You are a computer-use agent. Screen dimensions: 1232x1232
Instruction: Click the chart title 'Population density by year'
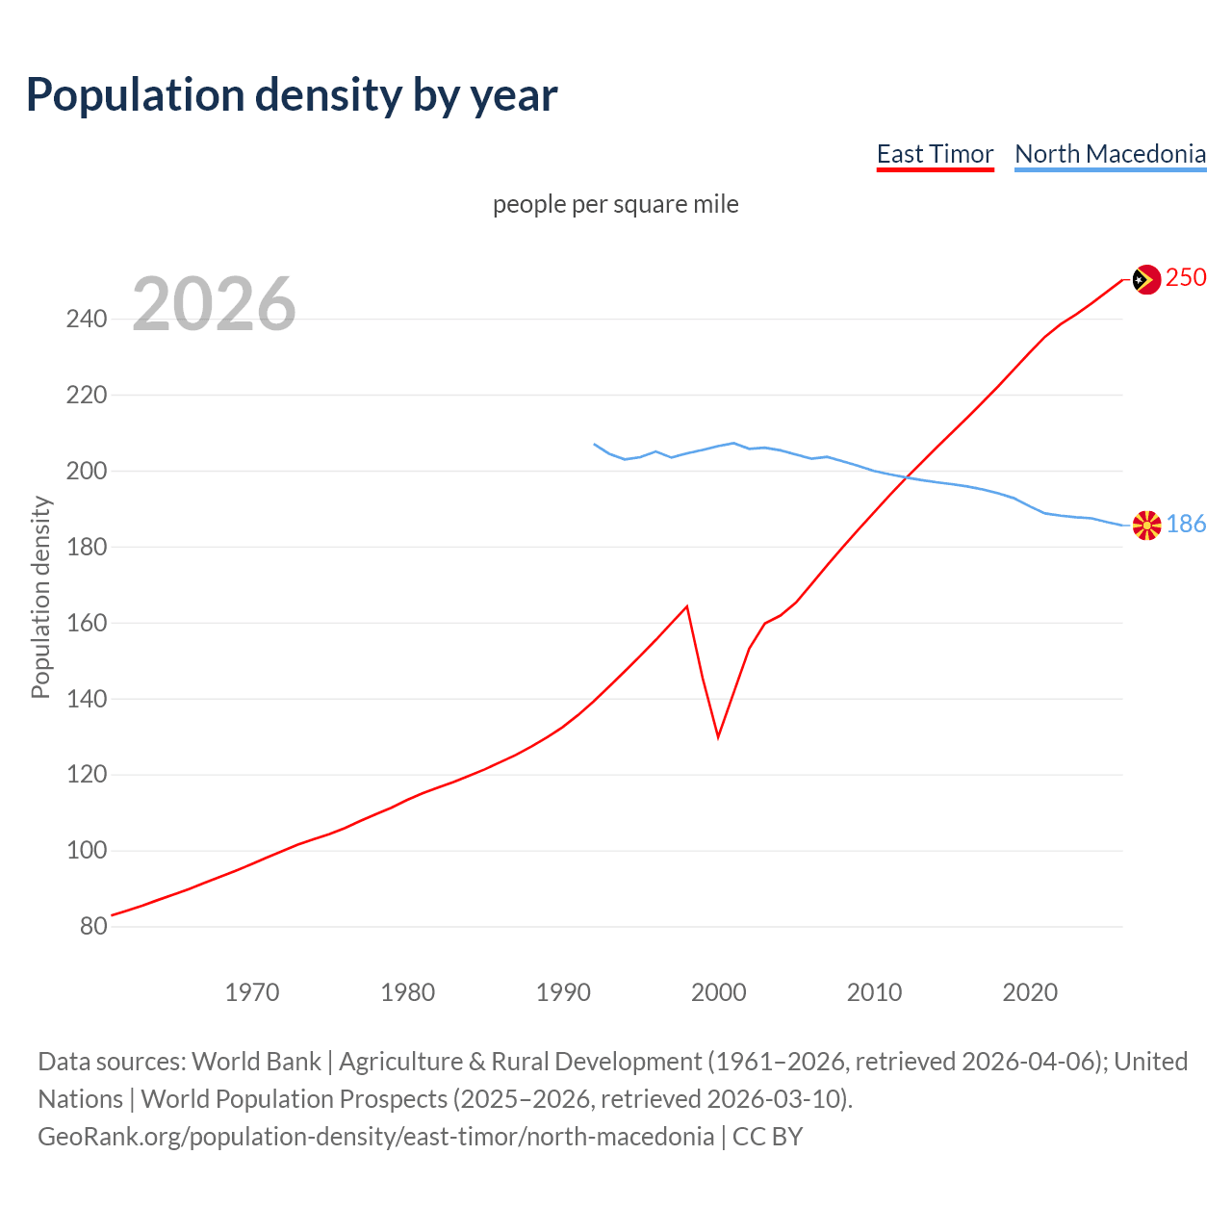tap(292, 95)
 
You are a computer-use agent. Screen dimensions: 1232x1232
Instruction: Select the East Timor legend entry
tap(935, 154)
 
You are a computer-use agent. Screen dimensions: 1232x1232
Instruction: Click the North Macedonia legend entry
tap(1110, 154)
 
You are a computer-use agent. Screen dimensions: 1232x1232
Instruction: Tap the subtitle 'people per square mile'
tap(615, 204)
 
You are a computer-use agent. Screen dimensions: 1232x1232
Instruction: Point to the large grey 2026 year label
tap(214, 304)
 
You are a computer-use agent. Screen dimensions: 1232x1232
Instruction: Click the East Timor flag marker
tap(1145, 279)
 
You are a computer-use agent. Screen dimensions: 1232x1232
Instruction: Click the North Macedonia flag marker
tap(1146, 526)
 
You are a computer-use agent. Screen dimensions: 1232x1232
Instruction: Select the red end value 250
tap(1186, 278)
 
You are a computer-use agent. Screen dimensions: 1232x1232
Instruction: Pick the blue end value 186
tap(1186, 524)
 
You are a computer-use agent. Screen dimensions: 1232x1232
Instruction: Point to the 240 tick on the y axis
tap(87, 319)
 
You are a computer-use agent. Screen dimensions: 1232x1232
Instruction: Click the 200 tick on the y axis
tap(87, 471)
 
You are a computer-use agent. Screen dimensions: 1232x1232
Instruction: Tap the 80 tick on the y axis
tap(93, 927)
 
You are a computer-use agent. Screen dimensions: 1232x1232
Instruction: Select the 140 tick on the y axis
tap(87, 699)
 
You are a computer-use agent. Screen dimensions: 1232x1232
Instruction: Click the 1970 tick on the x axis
tap(252, 992)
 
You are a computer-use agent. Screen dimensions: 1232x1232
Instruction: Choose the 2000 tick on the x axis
tap(719, 992)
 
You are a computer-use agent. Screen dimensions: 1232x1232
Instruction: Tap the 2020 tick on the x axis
tap(1030, 992)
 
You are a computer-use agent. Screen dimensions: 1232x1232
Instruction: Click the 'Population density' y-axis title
tap(40, 597)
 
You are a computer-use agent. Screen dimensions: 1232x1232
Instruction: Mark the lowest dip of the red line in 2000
tap(718, 737)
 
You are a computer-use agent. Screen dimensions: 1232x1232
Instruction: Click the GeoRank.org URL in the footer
tap(376, 1137)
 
